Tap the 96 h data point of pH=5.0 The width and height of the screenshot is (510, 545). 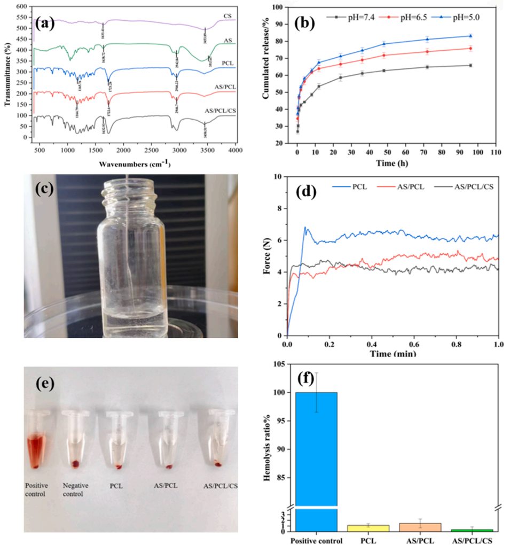[470, 36]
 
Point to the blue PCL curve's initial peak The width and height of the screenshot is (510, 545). [305, 227]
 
